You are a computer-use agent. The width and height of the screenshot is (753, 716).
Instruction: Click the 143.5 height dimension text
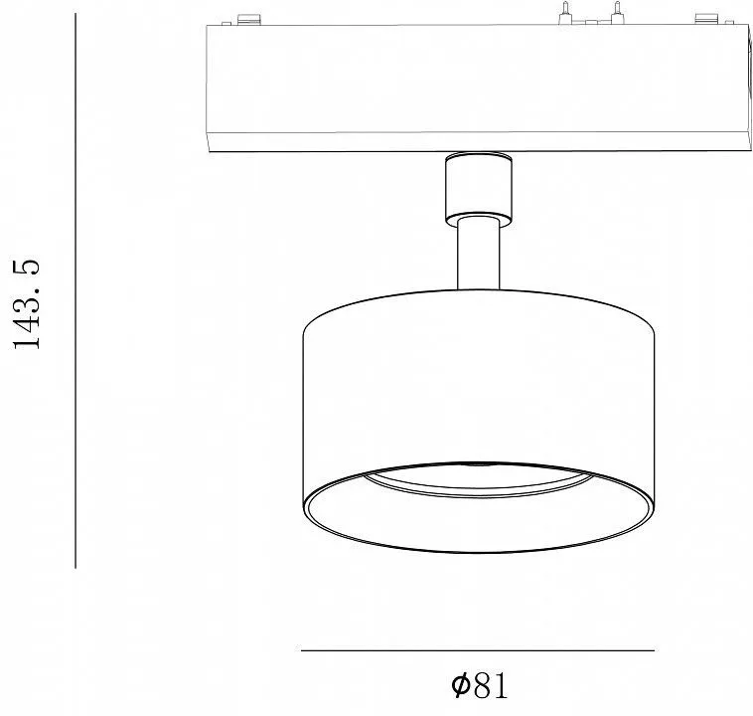coord(27,304)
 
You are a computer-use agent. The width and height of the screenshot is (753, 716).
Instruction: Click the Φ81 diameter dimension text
coord(479,685)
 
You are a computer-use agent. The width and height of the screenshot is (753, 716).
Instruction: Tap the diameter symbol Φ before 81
coord(460,685)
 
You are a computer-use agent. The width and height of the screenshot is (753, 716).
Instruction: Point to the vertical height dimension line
coord(75,290)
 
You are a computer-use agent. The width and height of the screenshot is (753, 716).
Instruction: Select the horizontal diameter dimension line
coord(478,650)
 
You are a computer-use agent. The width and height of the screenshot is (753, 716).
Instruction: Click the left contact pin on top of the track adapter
coord(565,13)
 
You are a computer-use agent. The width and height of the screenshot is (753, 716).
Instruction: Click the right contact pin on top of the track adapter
coord(617,13)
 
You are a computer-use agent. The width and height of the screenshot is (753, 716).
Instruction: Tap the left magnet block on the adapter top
coord(249,19)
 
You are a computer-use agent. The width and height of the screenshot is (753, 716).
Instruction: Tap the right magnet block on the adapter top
coord(708,19)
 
